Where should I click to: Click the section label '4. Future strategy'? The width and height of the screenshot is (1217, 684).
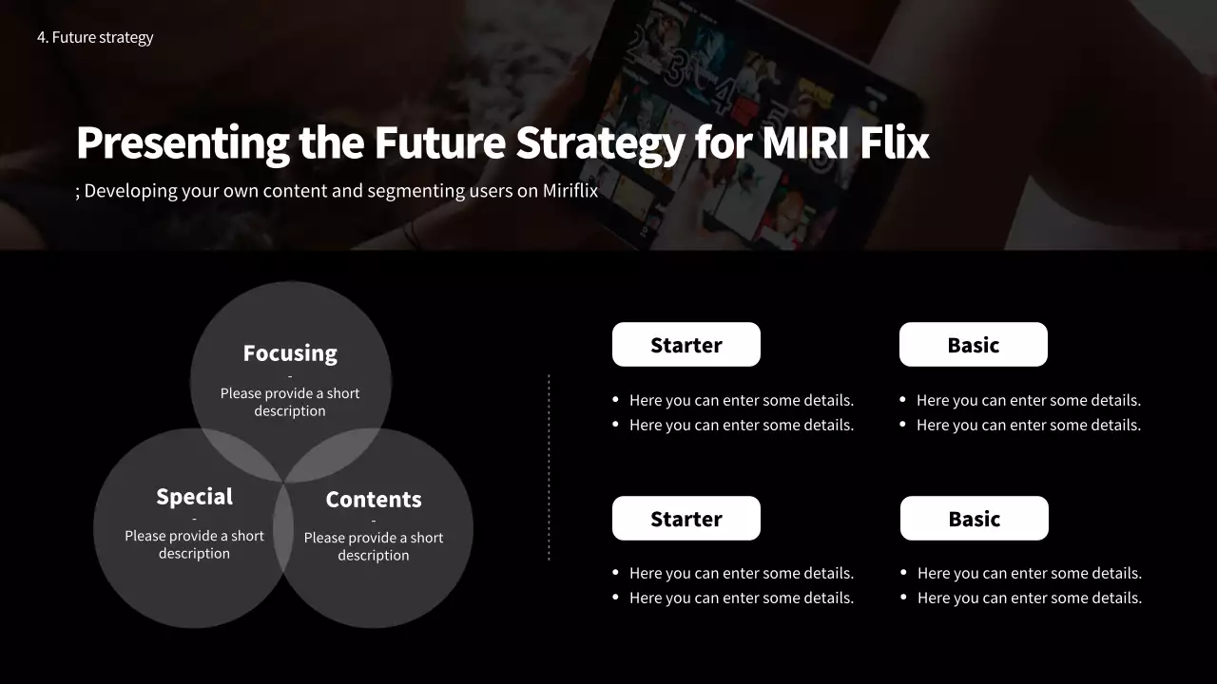pyautogui.click(x=95, y=38)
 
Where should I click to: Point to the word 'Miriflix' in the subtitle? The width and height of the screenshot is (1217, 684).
pyautogui.click(x=570, y=191)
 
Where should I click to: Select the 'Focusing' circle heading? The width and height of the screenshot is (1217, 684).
pyautogui.click(x=290, y=353)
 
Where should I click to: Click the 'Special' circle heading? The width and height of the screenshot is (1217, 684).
pyautogui.click(x=194, y=497)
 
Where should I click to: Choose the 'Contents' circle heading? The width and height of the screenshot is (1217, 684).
pyautogui.click(x=374, y=500)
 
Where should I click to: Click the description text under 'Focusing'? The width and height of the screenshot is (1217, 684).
pyautogui.click(x=290, y=402)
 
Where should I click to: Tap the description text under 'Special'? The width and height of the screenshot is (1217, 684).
pyautogui.click(x=194, y=544)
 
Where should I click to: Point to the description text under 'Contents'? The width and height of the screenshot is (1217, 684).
pyautogui.click(x=374, y=546)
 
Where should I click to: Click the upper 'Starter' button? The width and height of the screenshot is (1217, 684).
pyautogui.click(x=686, y=345)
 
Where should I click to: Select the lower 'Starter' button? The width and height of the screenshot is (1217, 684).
pyautogui.click(x=686, y=519)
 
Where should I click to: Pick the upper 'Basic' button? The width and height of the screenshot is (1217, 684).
pyautogui.click(x=974, y=345)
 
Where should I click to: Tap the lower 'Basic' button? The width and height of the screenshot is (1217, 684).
pyautogui.click(x=975, y=519)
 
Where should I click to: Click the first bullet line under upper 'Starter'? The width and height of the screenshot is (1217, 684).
pyautogui.click(x=742, y=401)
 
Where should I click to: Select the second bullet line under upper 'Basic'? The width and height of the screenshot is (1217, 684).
pyautogui.click(x=1029, y=426)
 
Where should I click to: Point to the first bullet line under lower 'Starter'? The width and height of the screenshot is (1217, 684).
pyautogui.click(x=742, y=574)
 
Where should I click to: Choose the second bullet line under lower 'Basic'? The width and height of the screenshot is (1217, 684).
pyautogui.click(x=1030, y=598)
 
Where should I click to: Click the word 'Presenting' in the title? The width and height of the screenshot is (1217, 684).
pyautogui.click(x=183, y=142)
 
